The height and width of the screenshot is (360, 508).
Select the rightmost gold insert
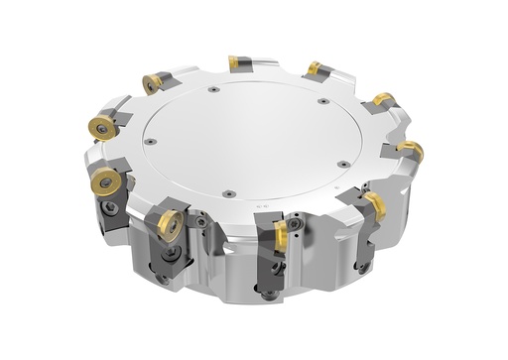tap(411, 152)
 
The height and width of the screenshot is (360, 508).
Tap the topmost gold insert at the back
tap(238, 62)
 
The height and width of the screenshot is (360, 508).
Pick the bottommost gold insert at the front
tap(282, 235)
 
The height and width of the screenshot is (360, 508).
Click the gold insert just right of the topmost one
tap(314, 69)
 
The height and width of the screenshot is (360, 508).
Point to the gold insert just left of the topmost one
tap(153, 83)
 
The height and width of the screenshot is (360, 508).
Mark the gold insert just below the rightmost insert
tap(374, 205)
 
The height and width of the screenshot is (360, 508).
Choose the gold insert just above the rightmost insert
tap(382, 101)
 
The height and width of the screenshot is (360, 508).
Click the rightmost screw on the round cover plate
tap(342, 165)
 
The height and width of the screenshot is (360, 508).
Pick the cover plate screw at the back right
tap(324, 101)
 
